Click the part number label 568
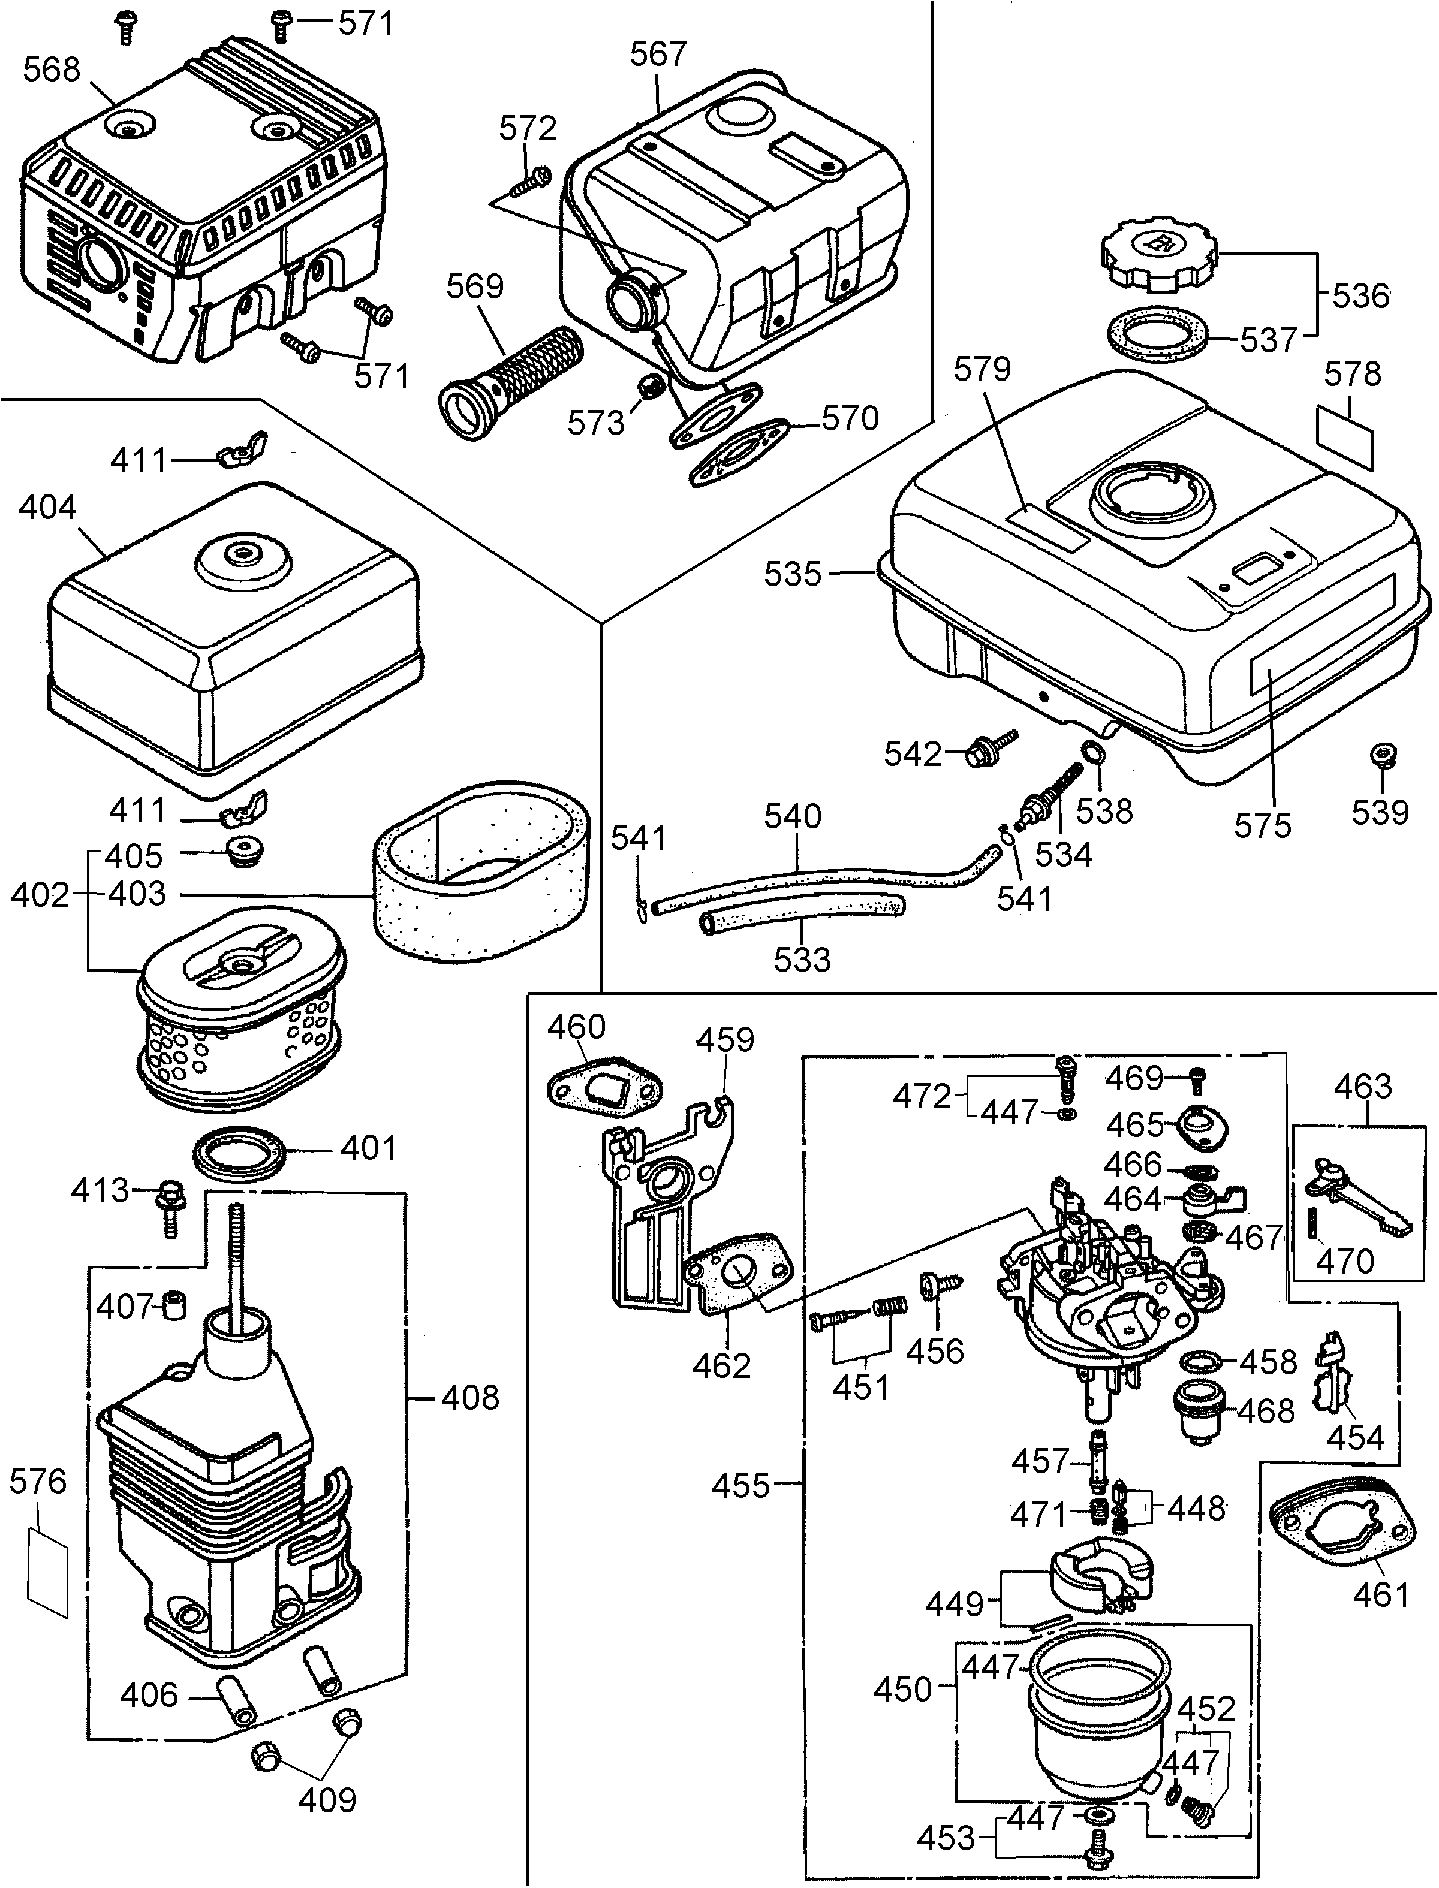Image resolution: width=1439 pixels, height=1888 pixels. pos(52,70)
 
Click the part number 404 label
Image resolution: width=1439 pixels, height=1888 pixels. pos(47,508)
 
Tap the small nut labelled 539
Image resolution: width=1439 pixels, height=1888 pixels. pos(1381,755)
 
